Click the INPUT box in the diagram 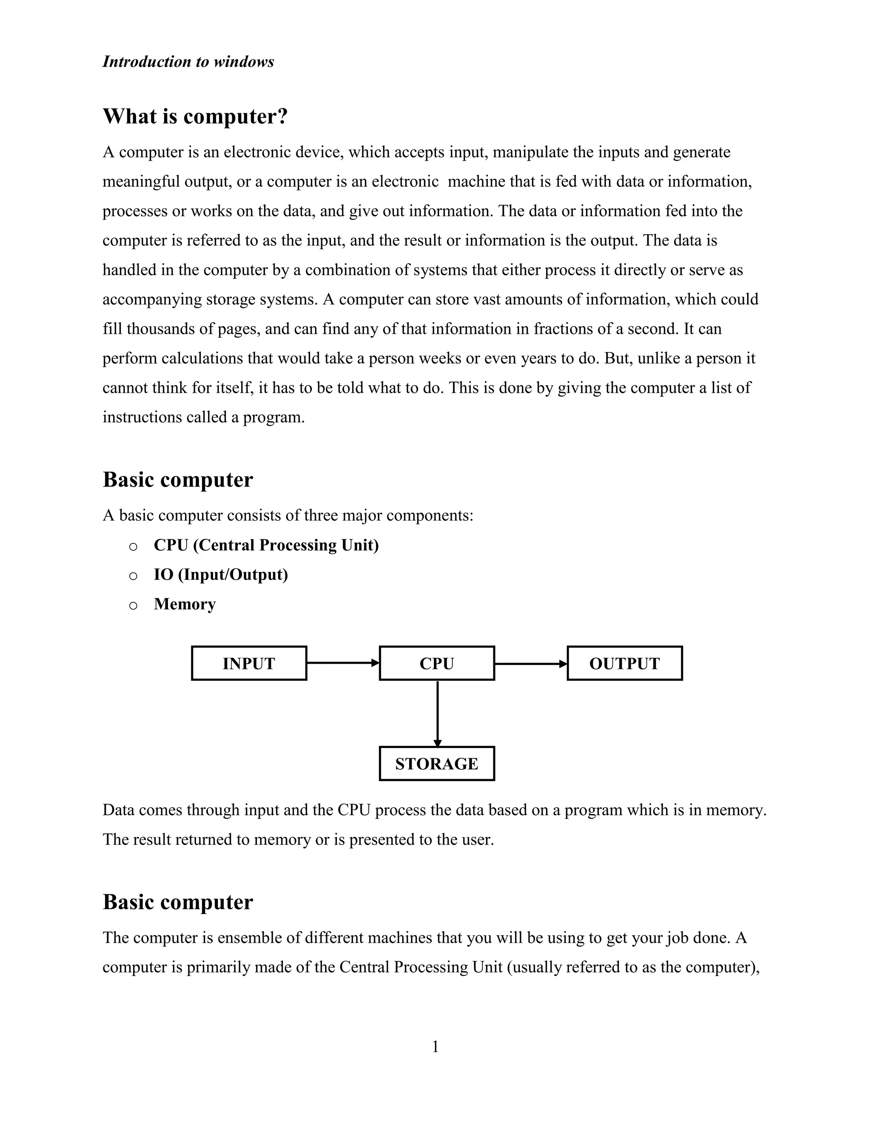[249, 663]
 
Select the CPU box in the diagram [436, 663]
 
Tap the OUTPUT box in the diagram [624, 663]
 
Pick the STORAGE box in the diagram [436, 763]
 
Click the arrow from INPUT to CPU [343, 663]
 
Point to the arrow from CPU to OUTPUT [530, 663]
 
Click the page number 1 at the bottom [435, 1047]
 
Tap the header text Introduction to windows [188, 62]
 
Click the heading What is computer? [195, 116]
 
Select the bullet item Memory [185, 604]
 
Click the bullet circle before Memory [133, 605]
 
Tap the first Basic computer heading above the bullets [178, 479]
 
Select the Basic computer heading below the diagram [178, 902]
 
